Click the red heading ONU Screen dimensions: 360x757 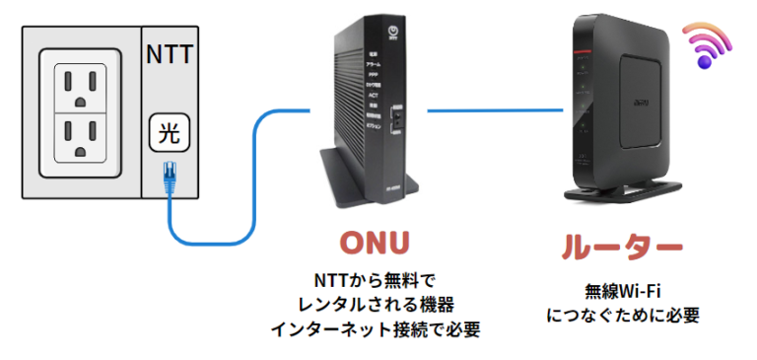click(x=374, y=242)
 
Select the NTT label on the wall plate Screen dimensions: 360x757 click(x=168, y=52)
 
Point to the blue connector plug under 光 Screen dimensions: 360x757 click(x=169, y=175)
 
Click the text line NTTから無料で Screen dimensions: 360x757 click(x=374, y=279)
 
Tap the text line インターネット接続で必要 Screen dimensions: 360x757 click(x=375, y=328)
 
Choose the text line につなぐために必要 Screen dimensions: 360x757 click(x=622, y=315)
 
